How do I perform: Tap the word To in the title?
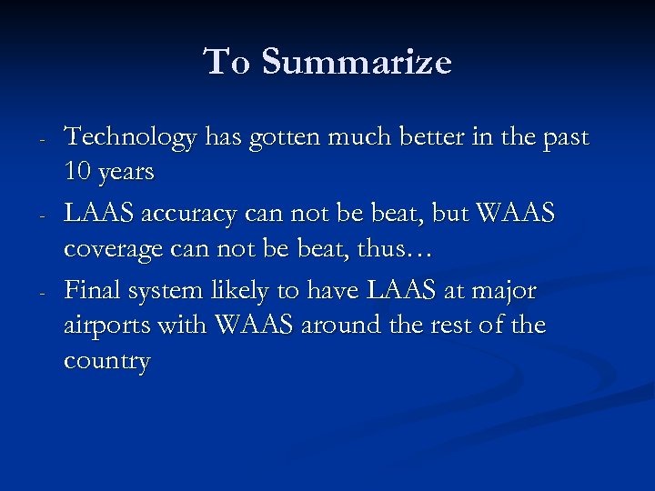click(227, 63)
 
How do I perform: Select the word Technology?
click(130, 138)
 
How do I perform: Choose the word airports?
click(105, 326)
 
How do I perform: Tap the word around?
click(338, 325)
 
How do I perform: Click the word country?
click(106, 362)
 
